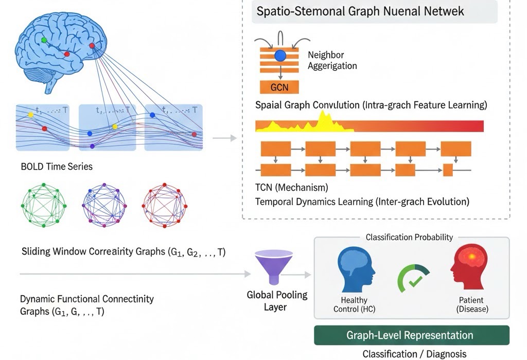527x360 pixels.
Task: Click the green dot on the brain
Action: pyautogui.click(x=44, y=40)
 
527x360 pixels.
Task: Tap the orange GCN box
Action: pyautogui.click(x=279, y=87)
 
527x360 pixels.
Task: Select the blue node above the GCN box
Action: pyautogui.click(x=280, y=56)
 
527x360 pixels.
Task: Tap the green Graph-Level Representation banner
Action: pyautogui.click(x=412, y=335)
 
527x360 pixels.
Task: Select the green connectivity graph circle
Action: pyautogui.click(x=43, y=205)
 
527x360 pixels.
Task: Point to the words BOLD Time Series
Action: pyautogui.click(x=57, y=167)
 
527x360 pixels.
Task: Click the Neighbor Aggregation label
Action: pyautogui.click(x=332, y=60)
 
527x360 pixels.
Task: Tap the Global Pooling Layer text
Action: pyautogui.click(x=277, y=301)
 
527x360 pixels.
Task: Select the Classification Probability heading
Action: pyautogui.click(x=409, y=237)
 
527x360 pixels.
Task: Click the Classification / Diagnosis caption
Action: pyautogui.click(x=414, y=354)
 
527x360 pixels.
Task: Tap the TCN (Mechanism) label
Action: pyautogui.click(x=291, y=187)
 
